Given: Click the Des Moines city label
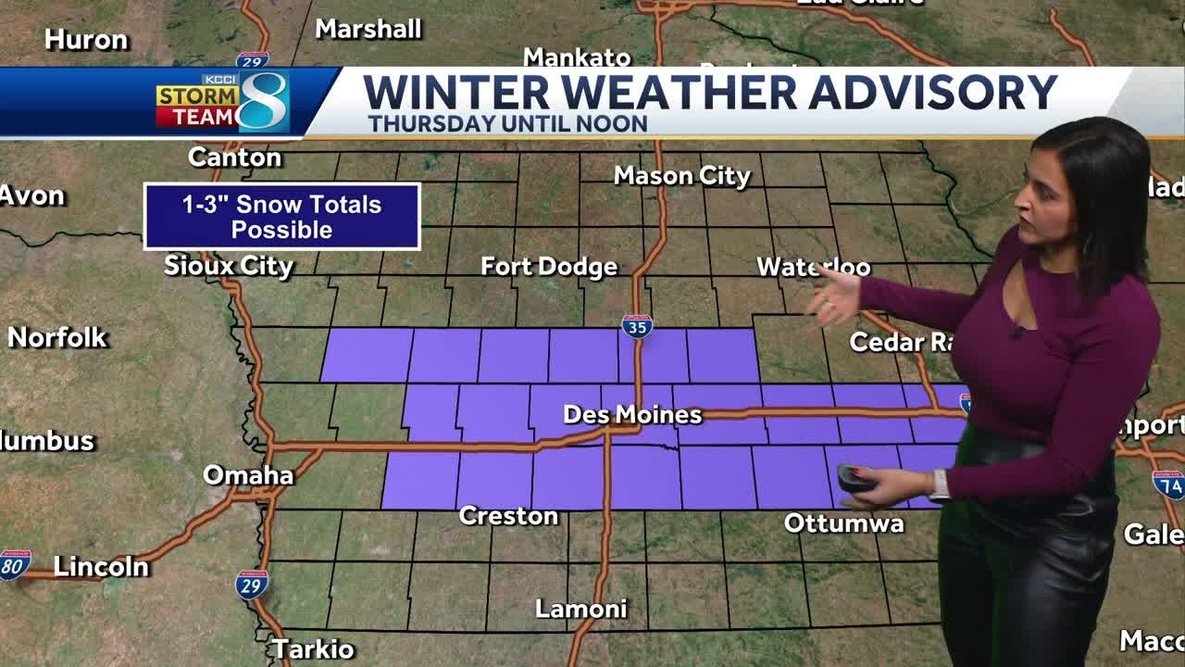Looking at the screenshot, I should tap(632, 415).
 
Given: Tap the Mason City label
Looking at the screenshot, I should tap(681, 175).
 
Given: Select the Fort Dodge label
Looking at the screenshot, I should tap(548, 267).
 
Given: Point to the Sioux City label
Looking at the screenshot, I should tap(228, 266).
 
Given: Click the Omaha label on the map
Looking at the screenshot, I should tap(247, 475).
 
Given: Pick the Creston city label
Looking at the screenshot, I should tap(508, 516).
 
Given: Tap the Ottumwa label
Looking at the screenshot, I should tap(843, 523).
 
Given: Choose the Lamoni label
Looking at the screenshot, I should tap(580, 609).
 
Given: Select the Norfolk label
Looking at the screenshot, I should tap(57, 337).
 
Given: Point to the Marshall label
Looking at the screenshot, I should tap(368, 29).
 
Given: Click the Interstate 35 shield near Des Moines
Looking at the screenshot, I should tap(637, 326).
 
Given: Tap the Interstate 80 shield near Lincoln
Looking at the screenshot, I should tap(15, 564).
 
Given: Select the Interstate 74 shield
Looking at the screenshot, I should tap(1168, 484).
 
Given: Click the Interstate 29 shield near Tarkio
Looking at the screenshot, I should tap(251, 585).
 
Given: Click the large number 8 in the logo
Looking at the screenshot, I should tap(263, 101).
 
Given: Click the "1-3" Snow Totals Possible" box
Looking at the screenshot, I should tap(281, 217).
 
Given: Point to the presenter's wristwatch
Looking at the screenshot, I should tap(940, 485).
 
